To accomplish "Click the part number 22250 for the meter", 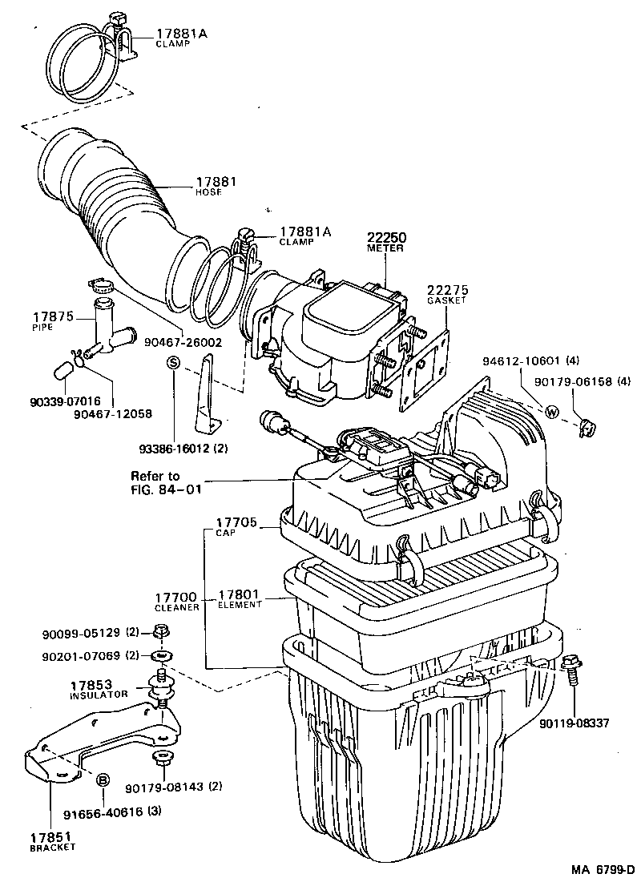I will (386, 238).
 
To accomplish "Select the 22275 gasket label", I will (447, 290).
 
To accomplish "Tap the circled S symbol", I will (172, 363).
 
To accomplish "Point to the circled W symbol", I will (552, 413).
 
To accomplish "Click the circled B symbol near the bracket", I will (103, 779).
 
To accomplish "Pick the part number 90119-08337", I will (574, 723).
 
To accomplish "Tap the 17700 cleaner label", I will (175, 598).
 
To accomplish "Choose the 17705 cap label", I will (236, 525).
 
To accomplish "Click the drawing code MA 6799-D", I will (603, 869).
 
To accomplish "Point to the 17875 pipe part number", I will (51, 317).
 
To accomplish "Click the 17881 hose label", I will (216, 183).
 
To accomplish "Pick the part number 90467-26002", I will (183, 342).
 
